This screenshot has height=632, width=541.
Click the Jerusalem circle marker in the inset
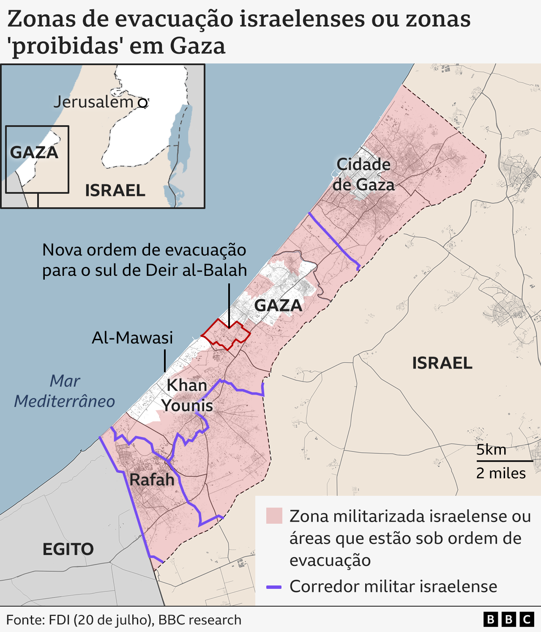(x=143, y=103)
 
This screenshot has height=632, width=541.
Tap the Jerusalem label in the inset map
(x=93, y=102)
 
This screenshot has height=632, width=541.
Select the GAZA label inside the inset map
(x=34, y=153)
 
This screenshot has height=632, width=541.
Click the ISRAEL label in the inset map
(x=115, y=190)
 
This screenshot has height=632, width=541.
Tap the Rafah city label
(x=152, y=480)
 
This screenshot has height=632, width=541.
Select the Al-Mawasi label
(x=132, y=338)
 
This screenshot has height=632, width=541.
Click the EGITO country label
(x=68, y=549)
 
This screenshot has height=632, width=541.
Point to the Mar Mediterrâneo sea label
(x=65, y=391)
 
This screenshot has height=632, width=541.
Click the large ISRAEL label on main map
(x=442, y=363)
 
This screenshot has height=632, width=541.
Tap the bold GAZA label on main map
(x=278, y=305)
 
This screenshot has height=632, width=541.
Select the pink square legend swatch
(x=274, y=516)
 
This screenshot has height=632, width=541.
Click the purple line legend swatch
(x=274, y=587)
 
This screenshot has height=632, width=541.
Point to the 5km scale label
(x=491, y=449)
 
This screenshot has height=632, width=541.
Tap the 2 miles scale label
(x=501, y=473)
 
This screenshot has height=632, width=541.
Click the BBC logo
(x=508, y=620)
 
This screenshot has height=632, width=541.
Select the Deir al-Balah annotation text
(x=145, y=260)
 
